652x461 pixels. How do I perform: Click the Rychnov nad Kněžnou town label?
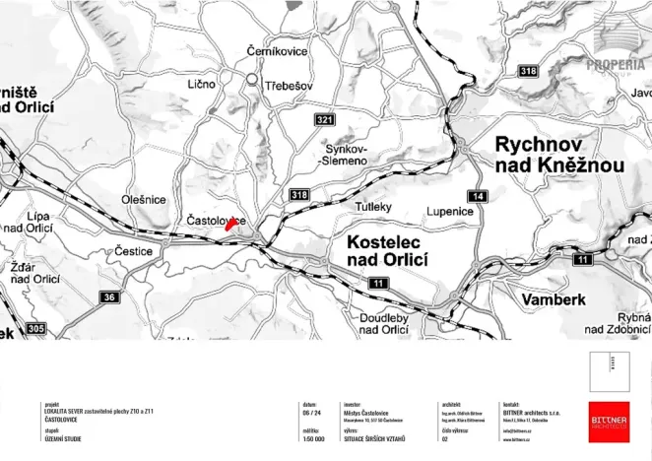558,156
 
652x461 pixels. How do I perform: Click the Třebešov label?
289,86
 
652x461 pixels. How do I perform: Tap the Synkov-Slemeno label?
345,154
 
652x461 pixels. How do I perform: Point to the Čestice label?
133,251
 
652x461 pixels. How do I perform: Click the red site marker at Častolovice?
230,224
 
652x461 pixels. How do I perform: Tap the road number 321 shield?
325,119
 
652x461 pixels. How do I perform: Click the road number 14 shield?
479,197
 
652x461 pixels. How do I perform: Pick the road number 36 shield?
109,297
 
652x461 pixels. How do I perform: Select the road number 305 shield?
35,328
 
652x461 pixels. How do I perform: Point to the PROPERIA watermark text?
617,65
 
